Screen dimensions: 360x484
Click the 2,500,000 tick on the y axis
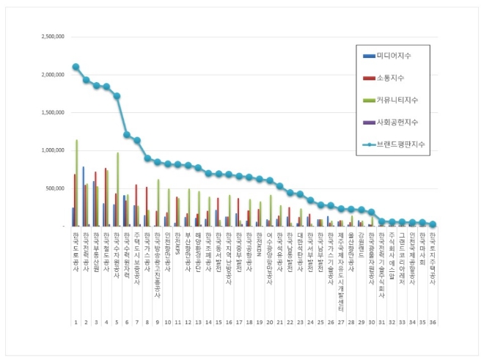click(x=50, y=36)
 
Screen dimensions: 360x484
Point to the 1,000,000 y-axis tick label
click(x=50, y=150)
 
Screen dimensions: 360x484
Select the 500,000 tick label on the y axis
click(x=53, y=188)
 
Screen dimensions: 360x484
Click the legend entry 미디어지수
click(x=392, y=56)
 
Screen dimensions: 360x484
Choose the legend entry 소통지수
click(x=388, y=78)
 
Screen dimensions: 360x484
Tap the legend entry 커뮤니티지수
click(x=394, y=100)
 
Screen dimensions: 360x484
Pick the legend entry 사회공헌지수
click(x=394, y=121)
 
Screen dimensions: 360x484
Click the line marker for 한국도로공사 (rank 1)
click(x=76, y=67)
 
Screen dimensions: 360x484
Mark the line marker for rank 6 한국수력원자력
click(x=127, y=135)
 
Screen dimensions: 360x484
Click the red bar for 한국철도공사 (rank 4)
click(x=106, y=197)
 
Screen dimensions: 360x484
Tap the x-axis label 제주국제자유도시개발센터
click(x=341, y=272)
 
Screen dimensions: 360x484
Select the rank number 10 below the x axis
click(x=167, y=322)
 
